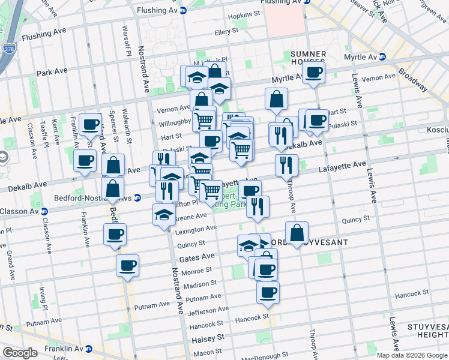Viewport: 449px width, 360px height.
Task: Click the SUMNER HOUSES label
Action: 308,58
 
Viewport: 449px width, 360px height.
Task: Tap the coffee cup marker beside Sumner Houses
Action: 312,74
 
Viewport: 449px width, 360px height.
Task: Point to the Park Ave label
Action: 52,72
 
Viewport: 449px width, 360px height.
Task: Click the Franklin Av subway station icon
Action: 88,349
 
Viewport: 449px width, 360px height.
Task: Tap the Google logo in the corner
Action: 20,353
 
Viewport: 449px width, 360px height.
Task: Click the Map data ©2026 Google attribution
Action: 412,355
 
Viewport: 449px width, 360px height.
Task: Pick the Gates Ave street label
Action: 196,257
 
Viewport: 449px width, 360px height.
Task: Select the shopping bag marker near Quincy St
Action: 297,233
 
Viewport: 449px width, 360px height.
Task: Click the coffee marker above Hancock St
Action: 268,293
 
